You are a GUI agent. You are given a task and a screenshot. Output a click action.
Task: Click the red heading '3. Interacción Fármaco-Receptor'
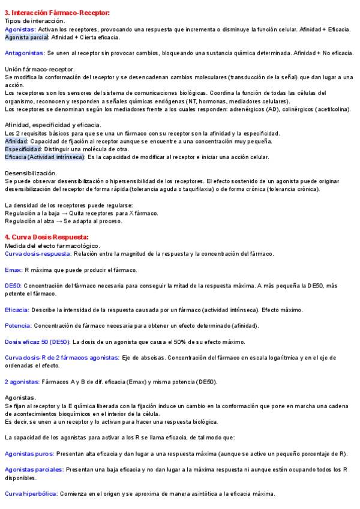pos(57,13)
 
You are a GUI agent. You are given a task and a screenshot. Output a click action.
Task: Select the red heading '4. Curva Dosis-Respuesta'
pos(47,236)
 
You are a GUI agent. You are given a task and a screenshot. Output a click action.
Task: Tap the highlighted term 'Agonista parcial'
pos(26,37)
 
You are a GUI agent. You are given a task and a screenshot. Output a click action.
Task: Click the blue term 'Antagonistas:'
pos(24,53)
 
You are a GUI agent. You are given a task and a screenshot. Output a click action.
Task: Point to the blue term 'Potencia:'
pos(18,326)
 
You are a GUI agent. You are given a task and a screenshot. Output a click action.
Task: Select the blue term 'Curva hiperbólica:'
pos(31,494)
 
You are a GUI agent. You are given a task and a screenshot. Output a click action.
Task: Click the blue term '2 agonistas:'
pos(22,382)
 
